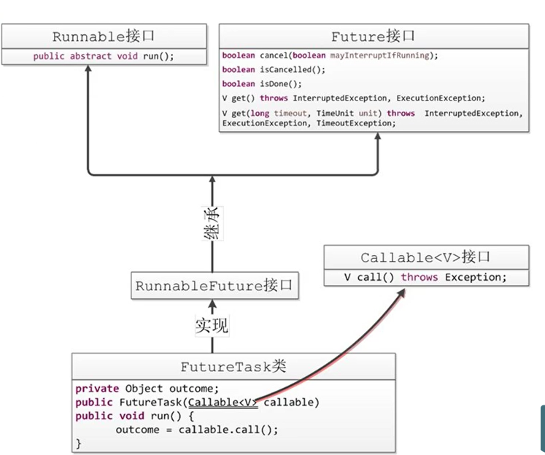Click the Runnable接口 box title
point(104,36)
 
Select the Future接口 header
point(374,36)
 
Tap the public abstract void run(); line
point(104,56)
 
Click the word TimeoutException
point(355,123)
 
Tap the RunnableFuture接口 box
point(214,287)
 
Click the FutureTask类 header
point(233,367)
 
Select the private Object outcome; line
point(147,389)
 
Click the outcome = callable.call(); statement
point(197,429)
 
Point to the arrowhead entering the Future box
point(378,138)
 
